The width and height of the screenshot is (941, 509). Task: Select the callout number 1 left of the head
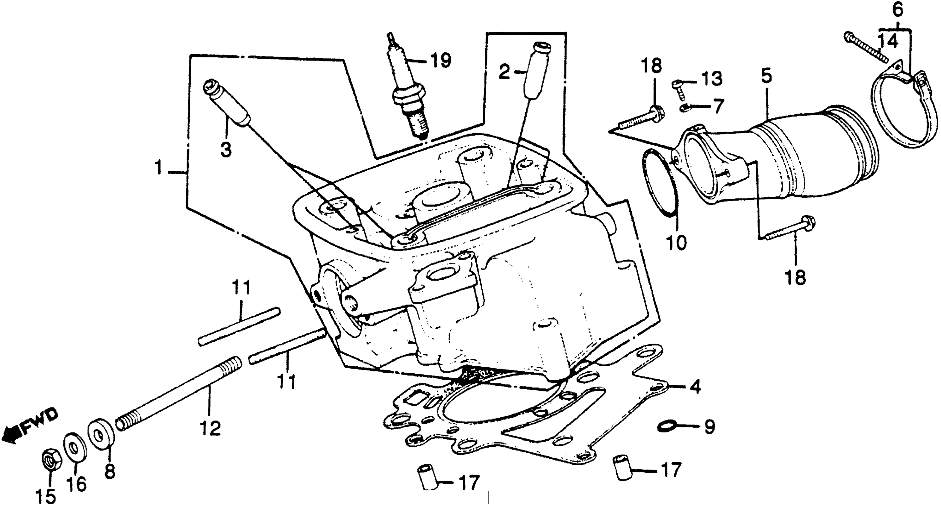click(158, 169)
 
